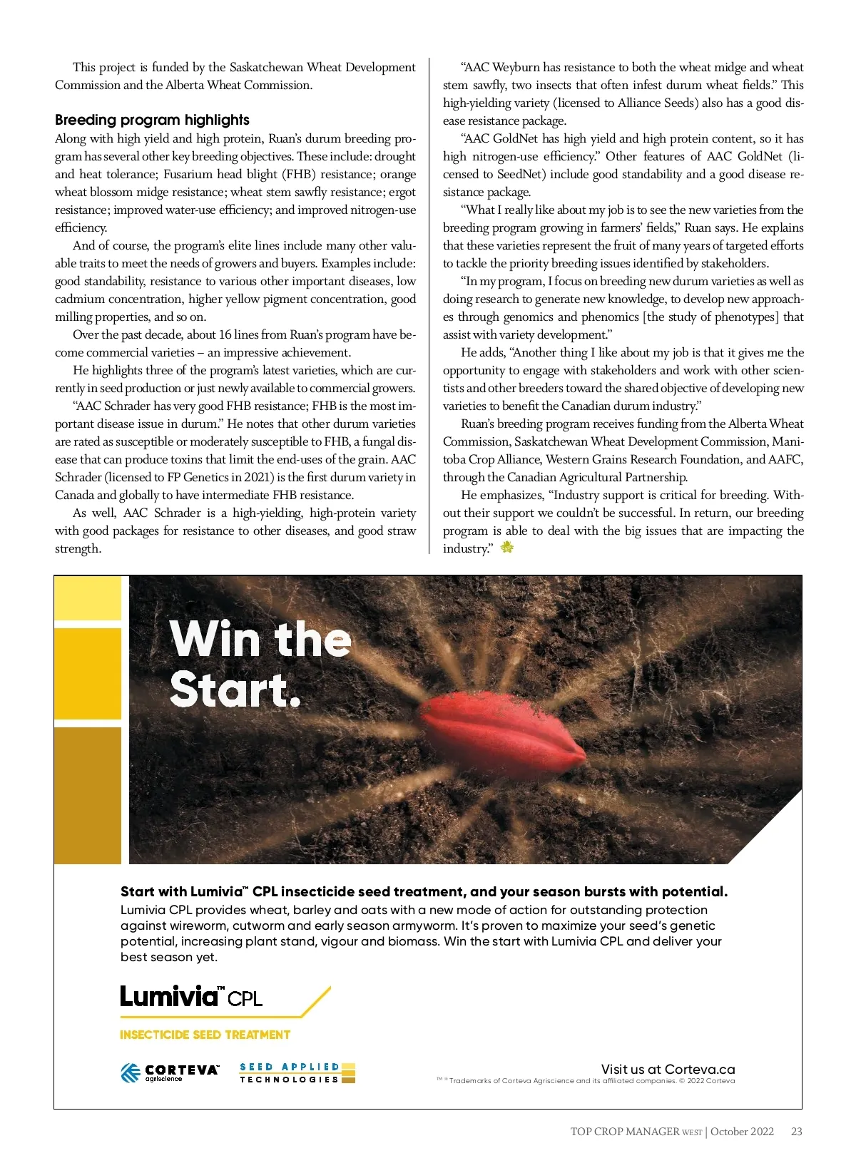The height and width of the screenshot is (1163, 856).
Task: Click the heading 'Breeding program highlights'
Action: tap(152, 120)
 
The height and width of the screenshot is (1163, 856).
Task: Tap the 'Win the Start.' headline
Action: tap(260, 664)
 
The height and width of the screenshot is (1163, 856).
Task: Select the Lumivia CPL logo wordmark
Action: tap(191, 996)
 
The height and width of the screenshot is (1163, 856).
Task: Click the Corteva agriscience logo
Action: tap(170, 1072)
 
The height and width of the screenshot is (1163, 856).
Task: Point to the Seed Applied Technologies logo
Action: tap(297, 1072)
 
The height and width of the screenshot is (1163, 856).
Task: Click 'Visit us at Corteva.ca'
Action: tap(668, 1069)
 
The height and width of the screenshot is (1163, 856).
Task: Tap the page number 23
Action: tap(797, 1131)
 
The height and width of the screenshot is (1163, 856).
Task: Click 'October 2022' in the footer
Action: tap(742, 1131)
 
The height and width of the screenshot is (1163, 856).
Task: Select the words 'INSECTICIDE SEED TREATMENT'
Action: tap(205, 1035)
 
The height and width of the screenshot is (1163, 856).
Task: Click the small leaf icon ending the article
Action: tap(507, 548)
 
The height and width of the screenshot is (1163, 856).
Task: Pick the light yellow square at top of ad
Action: tap(88, 598)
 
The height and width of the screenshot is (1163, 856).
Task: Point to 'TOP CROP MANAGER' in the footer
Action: tap(625, 1131)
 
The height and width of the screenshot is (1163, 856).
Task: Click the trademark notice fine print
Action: tap(586, 1081)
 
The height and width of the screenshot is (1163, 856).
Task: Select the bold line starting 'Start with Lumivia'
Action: tap(424, 891)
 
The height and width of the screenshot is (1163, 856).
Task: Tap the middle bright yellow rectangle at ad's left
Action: tap(88, 674)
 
